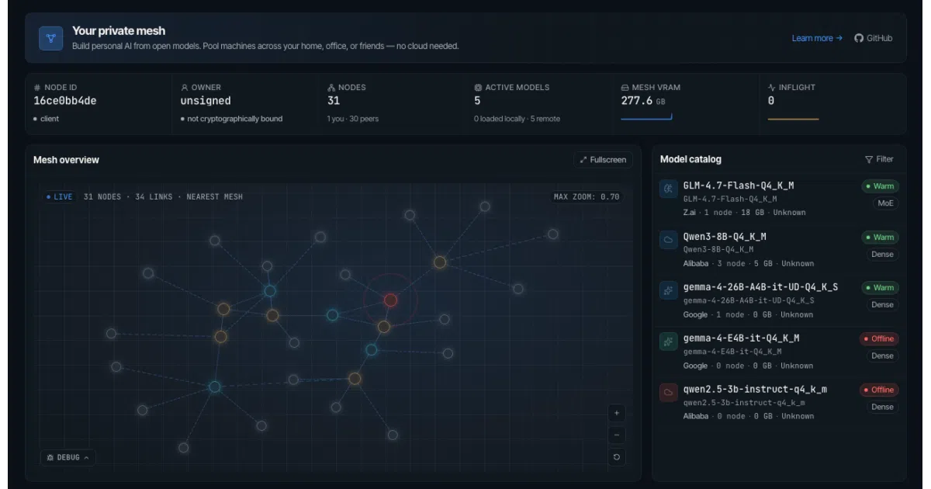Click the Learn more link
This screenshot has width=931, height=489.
point(817,38)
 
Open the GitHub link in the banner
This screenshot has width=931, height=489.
point(874,38)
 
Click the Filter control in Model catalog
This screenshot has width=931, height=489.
point(879,159)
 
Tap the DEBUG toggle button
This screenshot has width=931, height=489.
point(68,457)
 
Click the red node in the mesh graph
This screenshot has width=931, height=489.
point(390,300)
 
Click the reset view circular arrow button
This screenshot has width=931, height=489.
point(616,457)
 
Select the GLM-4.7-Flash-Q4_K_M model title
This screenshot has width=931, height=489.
point(739,186)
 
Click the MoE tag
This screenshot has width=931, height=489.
point(885,203)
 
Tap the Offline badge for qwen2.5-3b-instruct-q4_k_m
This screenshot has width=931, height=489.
point(879,390)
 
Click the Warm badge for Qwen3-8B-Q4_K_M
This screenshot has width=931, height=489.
point(880,237)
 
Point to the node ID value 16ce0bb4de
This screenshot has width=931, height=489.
point(65,101)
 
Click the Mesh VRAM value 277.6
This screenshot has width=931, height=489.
point(637,101)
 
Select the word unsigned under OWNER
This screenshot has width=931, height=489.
point(206,101)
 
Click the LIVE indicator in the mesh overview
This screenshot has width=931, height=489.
point(60,196)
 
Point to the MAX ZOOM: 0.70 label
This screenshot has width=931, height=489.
point(587,196)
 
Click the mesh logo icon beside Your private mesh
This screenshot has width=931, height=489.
point(50,38)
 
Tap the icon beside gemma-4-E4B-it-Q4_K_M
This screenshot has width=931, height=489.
point(668,342)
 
